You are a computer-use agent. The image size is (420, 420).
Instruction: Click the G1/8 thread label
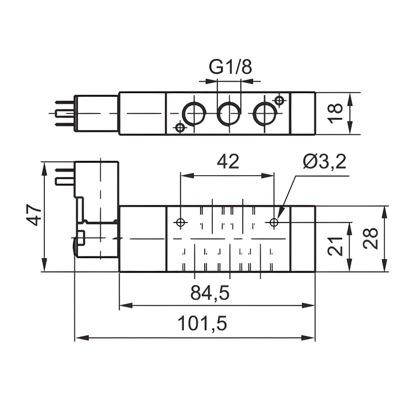pyautogui.click(x=230, y=67)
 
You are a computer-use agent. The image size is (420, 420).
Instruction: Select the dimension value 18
pyautogui.click(x=335, y=113)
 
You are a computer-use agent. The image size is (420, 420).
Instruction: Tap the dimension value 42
pyautogui.click(x=228, y=162)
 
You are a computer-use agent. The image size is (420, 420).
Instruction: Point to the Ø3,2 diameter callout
pyautogui.click(x=324, y=162)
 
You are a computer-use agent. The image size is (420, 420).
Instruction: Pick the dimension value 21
pyautogui.click(x=335, y=247)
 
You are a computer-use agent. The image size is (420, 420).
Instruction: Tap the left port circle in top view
pyautogui.click(x=193, y=113)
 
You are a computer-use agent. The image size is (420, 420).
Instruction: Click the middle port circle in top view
pyautogui.click(x=229, y=113)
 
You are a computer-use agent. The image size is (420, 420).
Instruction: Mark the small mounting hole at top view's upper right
pyautogui.click(x=278, y=100)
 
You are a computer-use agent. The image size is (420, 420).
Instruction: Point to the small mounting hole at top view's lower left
pyautogui.click(x=179, y=127)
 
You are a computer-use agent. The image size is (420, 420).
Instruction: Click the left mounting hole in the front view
pyautogui.click(x=180, y=222)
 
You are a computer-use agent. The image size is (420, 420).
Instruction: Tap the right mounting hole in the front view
pyautogui.click(x=274, y=222)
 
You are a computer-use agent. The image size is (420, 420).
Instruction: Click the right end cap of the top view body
pyautogui.click(x=302, y=113)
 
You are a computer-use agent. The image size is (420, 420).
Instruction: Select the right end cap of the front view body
pyautogui.click(x=302, y=239)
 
